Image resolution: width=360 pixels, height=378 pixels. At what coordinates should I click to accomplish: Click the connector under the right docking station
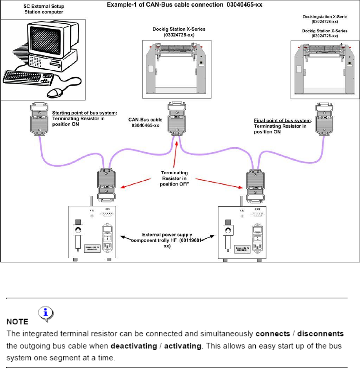(323, 119)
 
